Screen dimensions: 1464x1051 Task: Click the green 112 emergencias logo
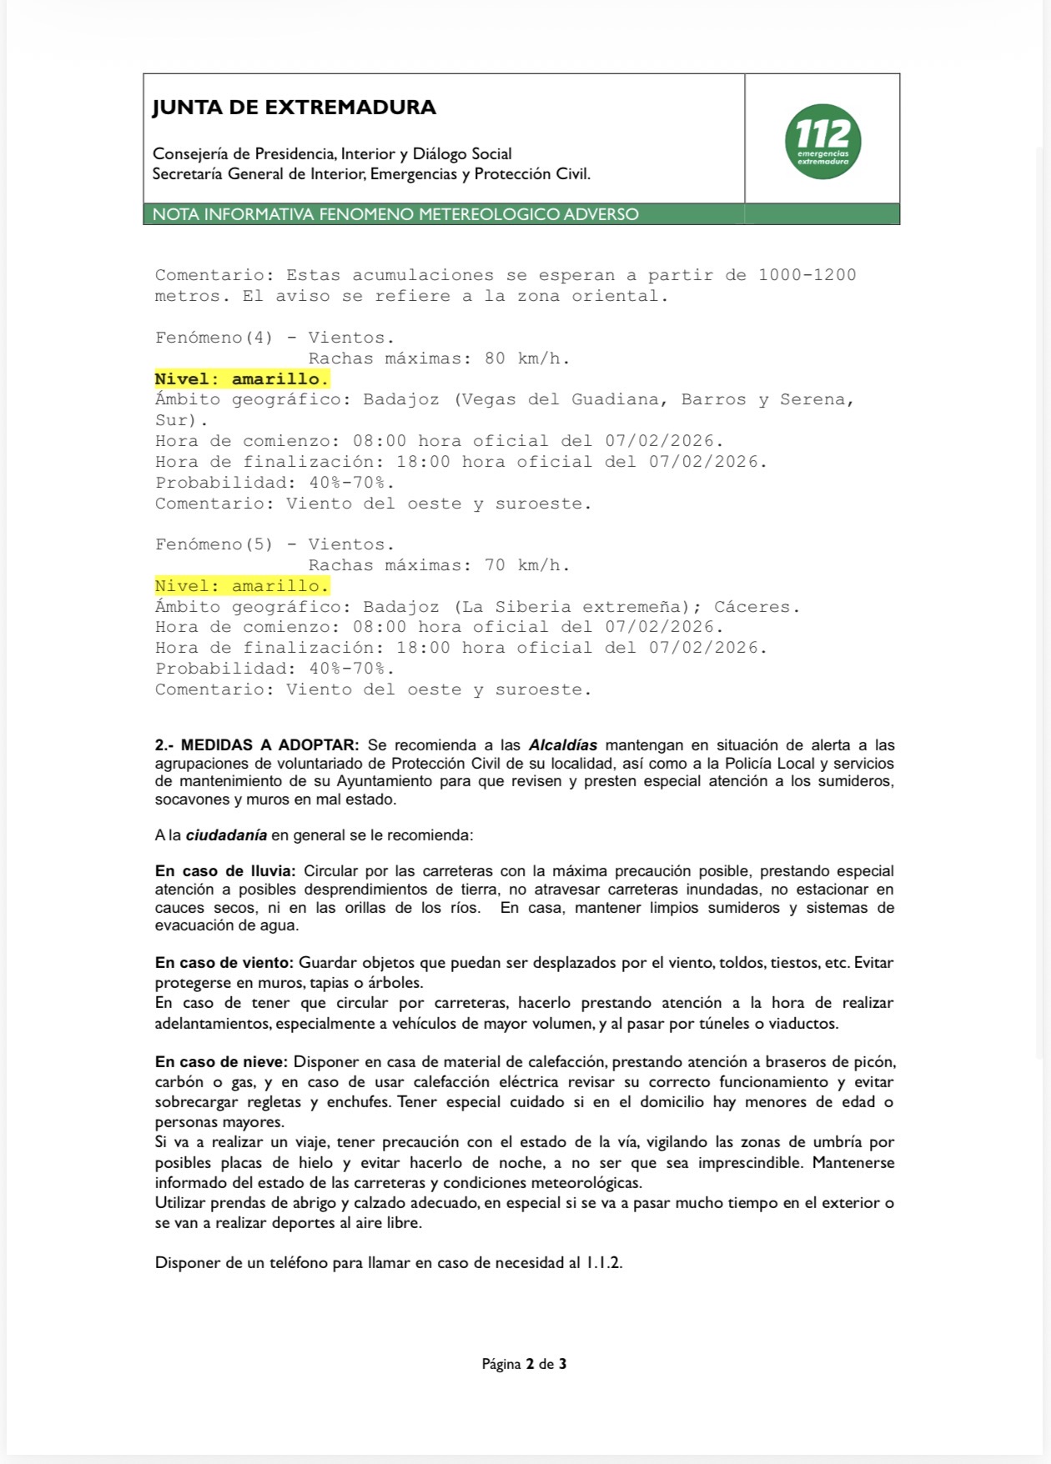click(822, 141)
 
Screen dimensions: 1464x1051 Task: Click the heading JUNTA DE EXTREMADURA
click(294, 108)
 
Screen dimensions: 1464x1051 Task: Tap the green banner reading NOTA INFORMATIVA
click(395, 214)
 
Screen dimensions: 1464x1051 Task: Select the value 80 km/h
click(527, 358)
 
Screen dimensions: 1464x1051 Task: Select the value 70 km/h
click(527, 565)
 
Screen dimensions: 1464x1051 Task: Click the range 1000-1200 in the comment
click(807, 275)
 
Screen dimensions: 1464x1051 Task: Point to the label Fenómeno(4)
click(214, 338)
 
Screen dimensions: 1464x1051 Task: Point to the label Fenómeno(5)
click(214, 544)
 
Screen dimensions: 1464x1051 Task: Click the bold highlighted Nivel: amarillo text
click(242, 379)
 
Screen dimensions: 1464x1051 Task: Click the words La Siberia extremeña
click(577, 607)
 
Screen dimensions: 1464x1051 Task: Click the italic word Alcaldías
click(563, 745)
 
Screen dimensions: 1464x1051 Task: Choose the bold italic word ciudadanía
click(226, 835)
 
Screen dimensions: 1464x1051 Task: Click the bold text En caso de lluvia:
click(225, 871)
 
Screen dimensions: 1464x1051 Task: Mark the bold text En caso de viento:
click(224, 963)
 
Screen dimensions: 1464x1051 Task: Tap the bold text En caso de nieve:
click(221, 1062)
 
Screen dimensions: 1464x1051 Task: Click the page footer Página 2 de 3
click(524, 1364)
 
